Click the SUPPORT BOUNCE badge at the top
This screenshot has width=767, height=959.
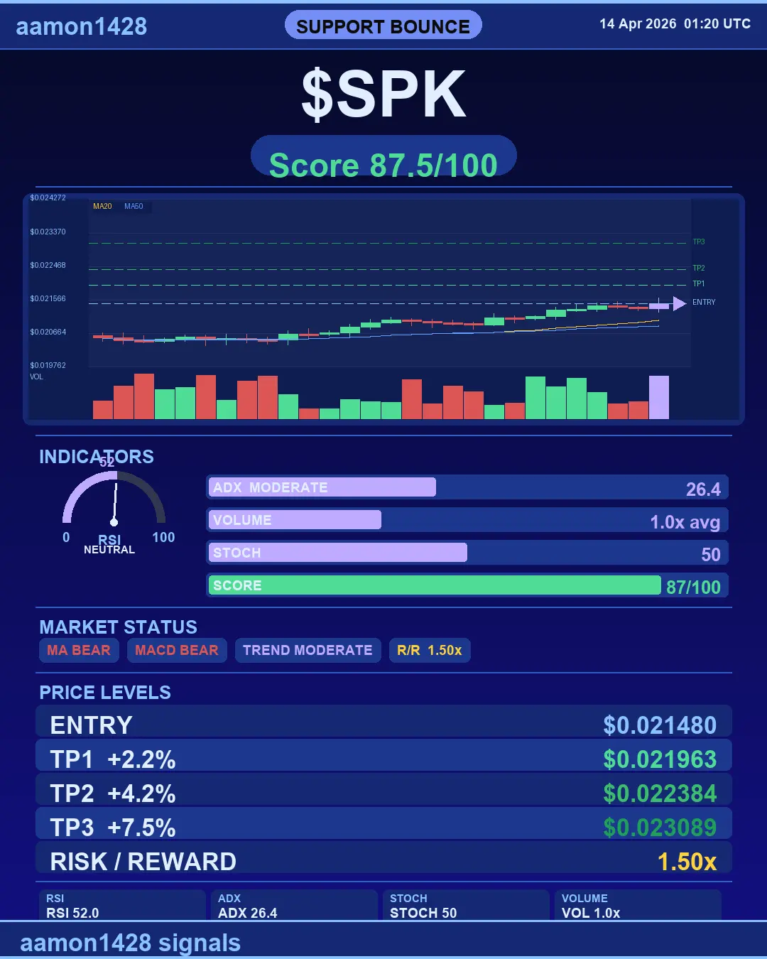click(383, 26)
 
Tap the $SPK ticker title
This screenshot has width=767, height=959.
click(383, 94)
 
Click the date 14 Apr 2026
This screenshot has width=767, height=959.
click(638, 24)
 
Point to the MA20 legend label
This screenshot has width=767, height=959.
click(102, 207)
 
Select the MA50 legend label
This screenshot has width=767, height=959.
click(134, 207)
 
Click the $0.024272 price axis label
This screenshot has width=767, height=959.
click(48, 198)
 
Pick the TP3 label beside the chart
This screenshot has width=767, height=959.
click(699, 242)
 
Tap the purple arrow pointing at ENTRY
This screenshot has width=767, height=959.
click(679, 303)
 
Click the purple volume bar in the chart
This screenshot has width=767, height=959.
click(659, 398)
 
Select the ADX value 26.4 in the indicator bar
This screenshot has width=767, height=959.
click(703, 489)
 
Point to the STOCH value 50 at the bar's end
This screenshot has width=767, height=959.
click(711, 554)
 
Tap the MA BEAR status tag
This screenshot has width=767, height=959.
click(79, 650)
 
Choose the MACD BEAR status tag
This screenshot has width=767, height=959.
click(177, 650)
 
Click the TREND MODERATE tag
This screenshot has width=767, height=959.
click(308, 650)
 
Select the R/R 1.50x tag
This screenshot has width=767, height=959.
click(430, 650)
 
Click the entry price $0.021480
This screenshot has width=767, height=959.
click(660, 725)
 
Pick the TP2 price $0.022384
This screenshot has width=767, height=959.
click(660, 793)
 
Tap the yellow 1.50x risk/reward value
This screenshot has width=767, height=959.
click(687, 862)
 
